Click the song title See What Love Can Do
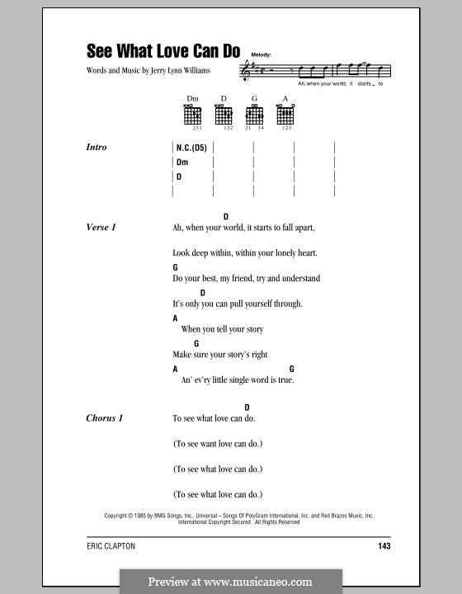[163, 50]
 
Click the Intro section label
[97, 148]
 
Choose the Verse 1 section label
[102, 227]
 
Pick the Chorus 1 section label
[105, 418]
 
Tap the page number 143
[382, 545]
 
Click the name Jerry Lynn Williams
[176, 72]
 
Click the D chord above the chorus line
[247, 407]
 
